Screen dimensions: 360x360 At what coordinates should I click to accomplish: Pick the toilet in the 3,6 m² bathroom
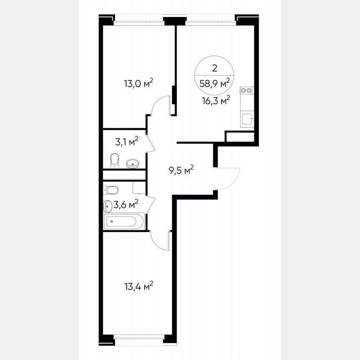pos(111,190)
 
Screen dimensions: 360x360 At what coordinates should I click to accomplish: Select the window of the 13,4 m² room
pos(139,338)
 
